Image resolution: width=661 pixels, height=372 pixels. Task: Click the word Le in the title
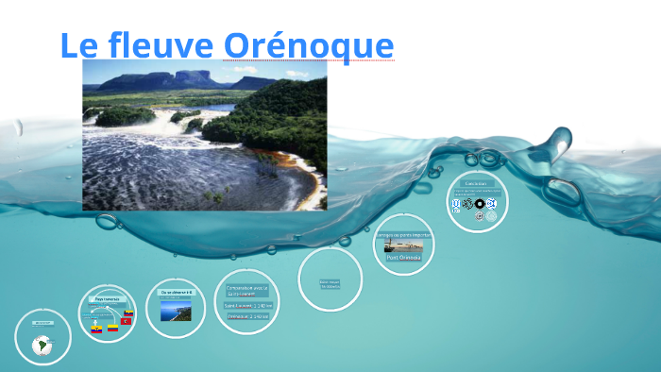click(x=76, y=44)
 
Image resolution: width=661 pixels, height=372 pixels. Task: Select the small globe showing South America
click(x=42, y=346)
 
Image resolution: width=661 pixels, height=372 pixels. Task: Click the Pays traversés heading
click(x=106, y=298)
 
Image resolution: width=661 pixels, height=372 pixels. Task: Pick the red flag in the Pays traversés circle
click(x=125, y=321)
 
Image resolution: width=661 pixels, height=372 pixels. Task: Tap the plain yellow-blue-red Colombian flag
click(x=112, y=328)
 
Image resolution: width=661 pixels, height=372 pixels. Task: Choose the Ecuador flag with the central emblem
click(x=95, y=330)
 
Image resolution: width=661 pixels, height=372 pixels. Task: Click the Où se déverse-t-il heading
click(x=176, y=293)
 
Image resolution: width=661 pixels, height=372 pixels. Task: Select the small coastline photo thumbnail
click(x=176, y=309)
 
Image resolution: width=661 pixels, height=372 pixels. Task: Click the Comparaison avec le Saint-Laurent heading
click(x=246, y=289)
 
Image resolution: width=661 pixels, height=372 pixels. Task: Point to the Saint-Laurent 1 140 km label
click(x=247, y=305)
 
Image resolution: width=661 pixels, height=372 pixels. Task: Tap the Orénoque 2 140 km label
click(x=247, y=316)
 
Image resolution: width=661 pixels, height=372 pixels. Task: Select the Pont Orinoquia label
click(x=403, y=257)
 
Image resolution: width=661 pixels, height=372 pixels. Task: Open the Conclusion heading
click(x=477, y=183)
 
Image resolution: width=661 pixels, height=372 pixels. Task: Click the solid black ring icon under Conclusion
click(x=480, y=204)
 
